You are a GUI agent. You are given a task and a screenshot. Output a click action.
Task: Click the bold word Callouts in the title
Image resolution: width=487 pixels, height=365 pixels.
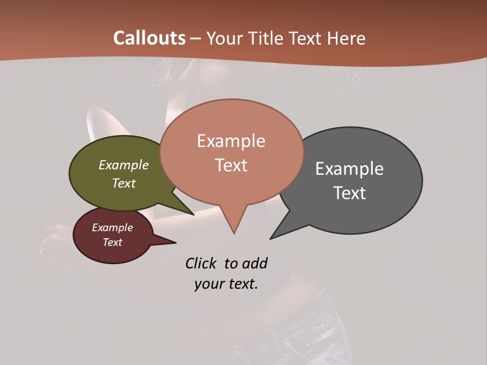click(x=149, y=38)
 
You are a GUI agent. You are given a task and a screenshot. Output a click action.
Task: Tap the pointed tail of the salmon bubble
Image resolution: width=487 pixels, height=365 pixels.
click(x=234, y=226)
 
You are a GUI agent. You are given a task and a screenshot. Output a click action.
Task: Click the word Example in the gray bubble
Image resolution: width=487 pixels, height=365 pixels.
click(x=350, y=168)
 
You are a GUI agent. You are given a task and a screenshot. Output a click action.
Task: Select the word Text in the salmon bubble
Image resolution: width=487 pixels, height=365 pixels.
click(x=231, y=165)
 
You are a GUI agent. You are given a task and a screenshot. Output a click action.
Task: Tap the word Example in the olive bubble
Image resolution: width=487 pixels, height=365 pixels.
click(x=124, y=165)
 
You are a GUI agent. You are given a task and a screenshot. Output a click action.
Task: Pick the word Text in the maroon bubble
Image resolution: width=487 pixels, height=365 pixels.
click(x=112, y=242)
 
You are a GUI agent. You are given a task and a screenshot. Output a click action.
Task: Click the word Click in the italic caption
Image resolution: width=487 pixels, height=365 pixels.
click(x=201, y=263)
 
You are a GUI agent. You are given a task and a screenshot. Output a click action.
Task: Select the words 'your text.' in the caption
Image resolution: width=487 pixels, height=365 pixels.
click(x=226, y=284)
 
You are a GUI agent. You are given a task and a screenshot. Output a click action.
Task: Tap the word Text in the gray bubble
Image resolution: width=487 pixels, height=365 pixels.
click(x=350, y=193)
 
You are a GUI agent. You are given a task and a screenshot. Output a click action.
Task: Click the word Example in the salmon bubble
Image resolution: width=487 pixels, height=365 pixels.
click(x=231, y=141)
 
